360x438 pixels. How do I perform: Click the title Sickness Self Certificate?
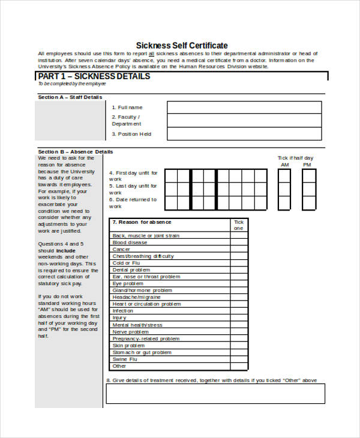pos(182,45)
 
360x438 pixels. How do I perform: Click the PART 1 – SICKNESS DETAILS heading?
pos(94,77)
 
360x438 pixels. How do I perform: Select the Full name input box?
pos(244,107)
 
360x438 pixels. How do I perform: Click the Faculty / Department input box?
pos(244,121)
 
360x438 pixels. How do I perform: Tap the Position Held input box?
pos(244,134)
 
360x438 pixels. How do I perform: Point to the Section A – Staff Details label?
pos(70,97)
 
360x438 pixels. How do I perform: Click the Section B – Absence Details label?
pos(75,152)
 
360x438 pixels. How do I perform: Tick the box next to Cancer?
pos(239,249)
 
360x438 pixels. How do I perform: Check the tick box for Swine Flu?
pos(239,359)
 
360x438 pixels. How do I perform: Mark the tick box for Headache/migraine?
pos(239,297)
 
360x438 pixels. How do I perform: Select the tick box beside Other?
pos(239,366)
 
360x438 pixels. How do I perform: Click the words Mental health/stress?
pos(137,325)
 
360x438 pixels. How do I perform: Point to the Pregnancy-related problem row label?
pos(146,338)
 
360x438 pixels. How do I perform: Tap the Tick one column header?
pos(239,224)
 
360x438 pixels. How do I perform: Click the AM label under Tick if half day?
pos(284,165)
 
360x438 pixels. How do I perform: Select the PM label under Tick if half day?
pos(307,165)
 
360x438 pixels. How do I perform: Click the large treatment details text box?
pos(215,394)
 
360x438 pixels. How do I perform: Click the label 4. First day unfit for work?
pos(133,176)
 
